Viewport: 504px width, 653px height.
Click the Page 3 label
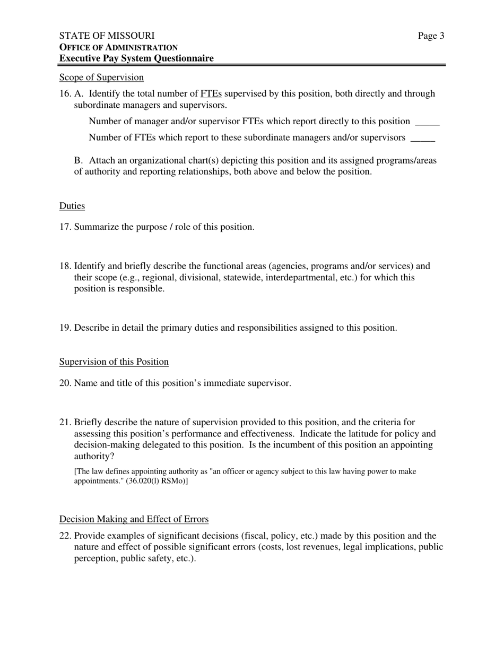coord(431,36)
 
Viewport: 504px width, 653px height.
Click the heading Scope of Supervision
coord(101,78)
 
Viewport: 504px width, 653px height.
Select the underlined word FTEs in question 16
coord(211,94)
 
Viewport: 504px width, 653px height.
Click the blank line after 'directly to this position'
coord(427,122)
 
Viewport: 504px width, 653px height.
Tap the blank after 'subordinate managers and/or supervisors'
coord(423,139)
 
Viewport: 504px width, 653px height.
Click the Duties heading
coord(72,206)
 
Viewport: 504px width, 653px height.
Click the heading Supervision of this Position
coord(114,362)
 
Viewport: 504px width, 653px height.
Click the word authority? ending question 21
coord(94,456)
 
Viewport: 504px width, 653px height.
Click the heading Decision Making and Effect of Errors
coord(134,519)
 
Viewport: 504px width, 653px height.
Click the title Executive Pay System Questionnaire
coord(136,58)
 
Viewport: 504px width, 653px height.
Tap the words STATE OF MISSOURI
coord(107,36)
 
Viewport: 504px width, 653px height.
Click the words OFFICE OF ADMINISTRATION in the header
coord(118,47)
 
